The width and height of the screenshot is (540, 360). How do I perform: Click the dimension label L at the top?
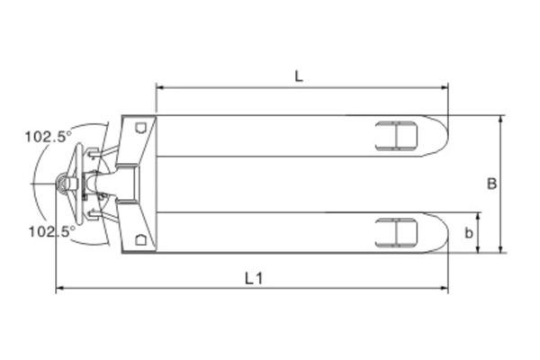pyautogui.click(x=300, y=76)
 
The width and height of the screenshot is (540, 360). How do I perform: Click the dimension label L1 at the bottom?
pyautogui.click(x=254, y=278)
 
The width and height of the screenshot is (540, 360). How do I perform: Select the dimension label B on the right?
pyautogui.click(x=491, y=184)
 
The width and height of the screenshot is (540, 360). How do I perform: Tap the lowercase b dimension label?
pyautogui.click(x=469, y=233)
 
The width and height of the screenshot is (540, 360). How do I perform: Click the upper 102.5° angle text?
pyautogui.click(x=49, y=138)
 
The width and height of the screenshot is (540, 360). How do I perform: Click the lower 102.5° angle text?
pyautogui.click(x=51, y=231)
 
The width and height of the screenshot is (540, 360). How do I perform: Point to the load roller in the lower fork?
pyautogui.click(x=396, y=233)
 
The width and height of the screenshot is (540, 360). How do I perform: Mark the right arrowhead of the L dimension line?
pyautogui.click(x=445, y=87)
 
